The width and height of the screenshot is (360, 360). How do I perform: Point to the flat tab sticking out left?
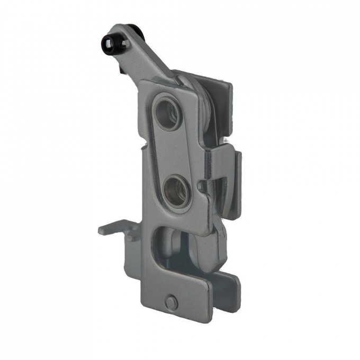(x=112, y=229)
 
